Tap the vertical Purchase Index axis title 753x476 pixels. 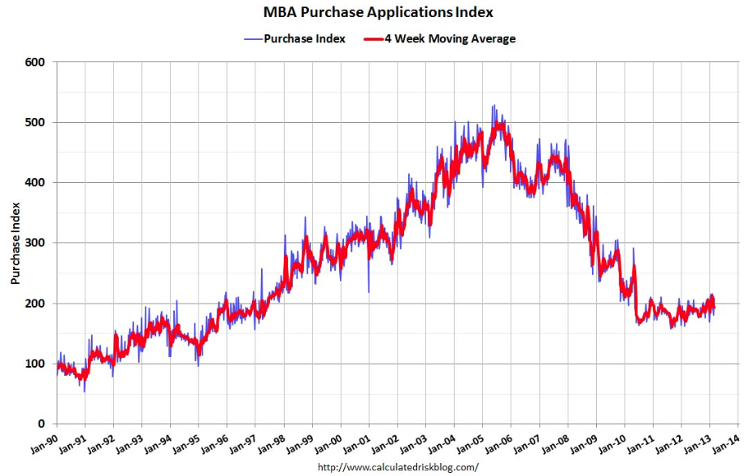pos(15,243)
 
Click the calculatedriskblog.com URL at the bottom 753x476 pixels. pos(398,467)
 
